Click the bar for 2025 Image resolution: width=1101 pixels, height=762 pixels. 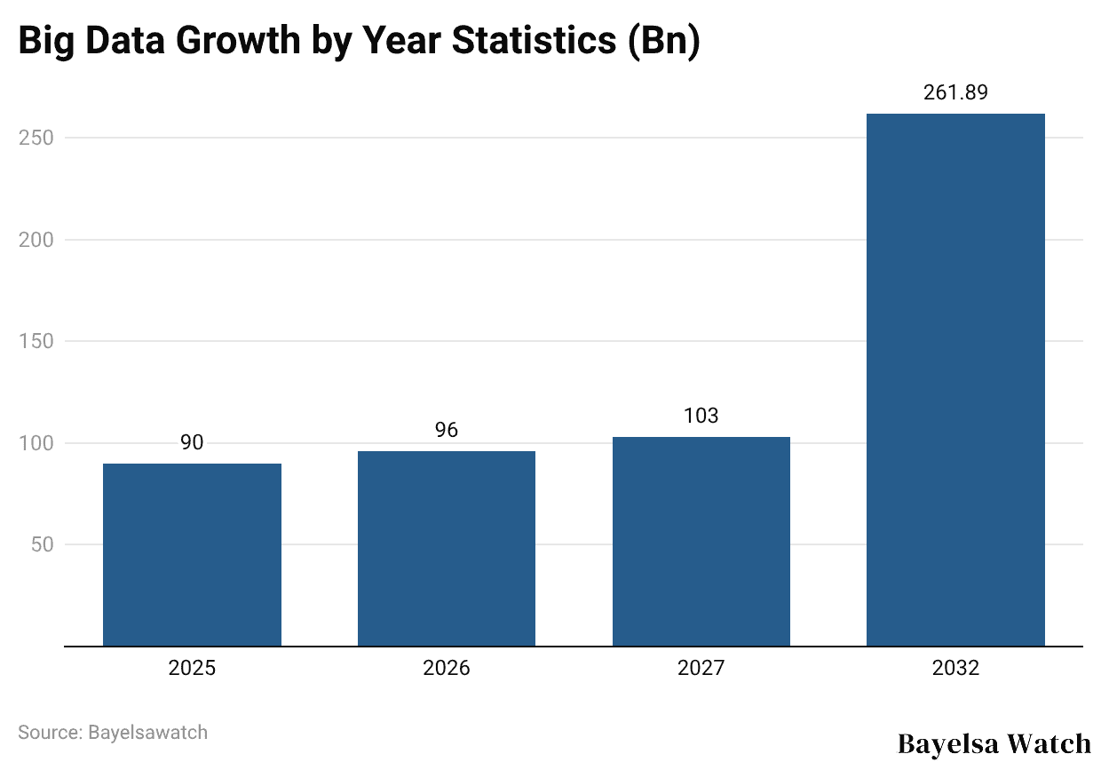192,554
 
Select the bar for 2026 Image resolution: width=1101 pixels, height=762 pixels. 447,548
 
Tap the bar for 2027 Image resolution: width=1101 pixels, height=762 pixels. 701,541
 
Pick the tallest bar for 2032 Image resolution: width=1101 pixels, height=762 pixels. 955,379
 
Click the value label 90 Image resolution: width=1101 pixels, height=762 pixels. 192,443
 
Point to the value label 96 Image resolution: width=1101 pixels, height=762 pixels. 447,431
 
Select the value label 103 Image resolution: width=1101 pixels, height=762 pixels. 701,416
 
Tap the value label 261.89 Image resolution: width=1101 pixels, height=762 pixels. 955,92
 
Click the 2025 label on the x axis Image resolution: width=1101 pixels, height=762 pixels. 192,668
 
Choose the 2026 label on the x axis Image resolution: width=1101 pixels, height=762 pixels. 447,668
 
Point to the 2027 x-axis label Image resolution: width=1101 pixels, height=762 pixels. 701,668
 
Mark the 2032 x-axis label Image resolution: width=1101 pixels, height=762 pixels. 955,668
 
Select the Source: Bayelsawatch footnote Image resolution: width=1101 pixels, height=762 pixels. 113,733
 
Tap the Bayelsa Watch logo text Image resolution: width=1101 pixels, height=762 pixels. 994,742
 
